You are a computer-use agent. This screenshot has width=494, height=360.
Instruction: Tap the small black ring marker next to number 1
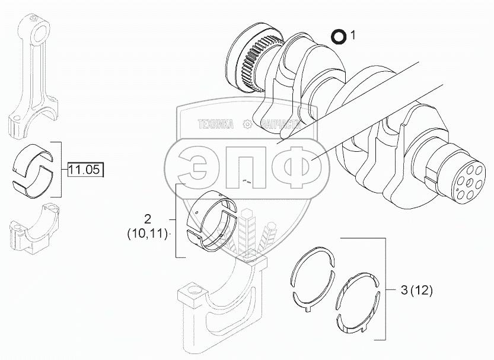point(339,37)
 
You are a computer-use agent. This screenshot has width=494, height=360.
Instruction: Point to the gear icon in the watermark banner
point(248,124)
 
